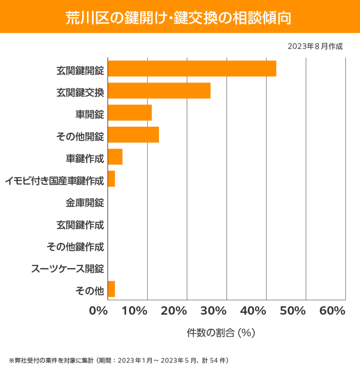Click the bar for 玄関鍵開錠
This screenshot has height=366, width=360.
(192, 69)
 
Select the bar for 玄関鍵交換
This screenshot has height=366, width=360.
(159, 91)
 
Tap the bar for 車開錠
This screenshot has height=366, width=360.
(130, 113)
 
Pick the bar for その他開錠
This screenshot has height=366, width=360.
(133, 135)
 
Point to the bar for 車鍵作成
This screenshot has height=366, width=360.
(115, 157)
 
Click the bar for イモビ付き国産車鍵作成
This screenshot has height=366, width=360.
(111, 179)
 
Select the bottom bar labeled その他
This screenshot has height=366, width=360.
(111, 289)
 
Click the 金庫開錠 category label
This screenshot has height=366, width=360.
(84, 203)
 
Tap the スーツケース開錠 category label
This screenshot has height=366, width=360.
(68, 268)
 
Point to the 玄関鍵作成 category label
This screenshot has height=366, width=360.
(80, 225)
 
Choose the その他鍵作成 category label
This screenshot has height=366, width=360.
(75, 247)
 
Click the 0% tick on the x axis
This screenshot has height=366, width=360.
(99, 311)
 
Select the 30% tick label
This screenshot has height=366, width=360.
(214, 311)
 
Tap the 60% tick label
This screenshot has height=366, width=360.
(332, 311)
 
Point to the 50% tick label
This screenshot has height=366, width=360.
(293, 311)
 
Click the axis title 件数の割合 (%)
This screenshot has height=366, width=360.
(221, 333)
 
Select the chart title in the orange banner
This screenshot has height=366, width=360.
(180, 17)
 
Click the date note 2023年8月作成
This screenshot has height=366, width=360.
(315, 46)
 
